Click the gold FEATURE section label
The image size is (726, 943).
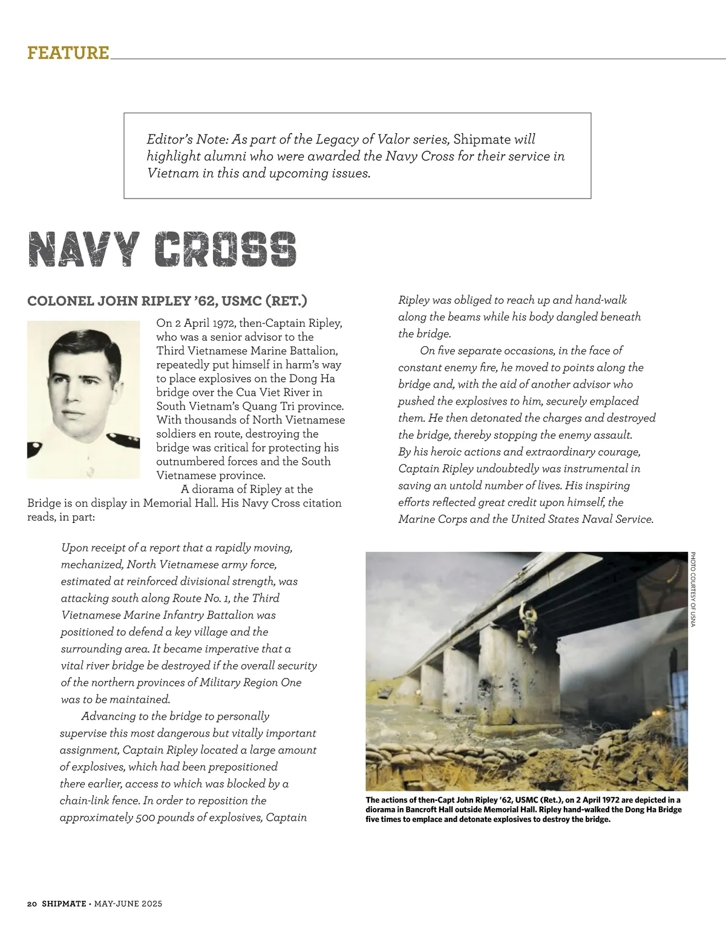click(x=68, y=53)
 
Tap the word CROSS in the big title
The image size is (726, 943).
click(x=225, y=249)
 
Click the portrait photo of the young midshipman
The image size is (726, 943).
click(x=83, y=399)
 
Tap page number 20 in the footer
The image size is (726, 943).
click(x=32, y=904)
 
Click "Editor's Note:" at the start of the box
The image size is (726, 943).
click(x=187, y=139)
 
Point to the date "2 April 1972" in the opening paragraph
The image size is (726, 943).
click(x=201, y=323)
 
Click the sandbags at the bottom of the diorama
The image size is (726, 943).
click(x=423, y=757)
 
